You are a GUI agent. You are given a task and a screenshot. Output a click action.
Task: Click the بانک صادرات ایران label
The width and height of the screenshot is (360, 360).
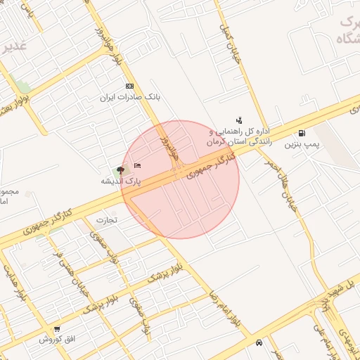(131, 96)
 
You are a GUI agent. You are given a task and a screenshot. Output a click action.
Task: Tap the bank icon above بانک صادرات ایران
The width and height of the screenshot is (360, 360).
(129, 86)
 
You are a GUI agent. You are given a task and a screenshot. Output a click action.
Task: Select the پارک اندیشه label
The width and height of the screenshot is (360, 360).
(120, 181)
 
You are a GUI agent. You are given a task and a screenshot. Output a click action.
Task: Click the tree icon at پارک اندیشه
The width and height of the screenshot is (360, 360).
(120, 169)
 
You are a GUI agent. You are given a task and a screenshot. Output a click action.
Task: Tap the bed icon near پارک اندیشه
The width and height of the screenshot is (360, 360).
(137, 165)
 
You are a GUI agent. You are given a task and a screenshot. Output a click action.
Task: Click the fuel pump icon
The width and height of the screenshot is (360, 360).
(302, 134)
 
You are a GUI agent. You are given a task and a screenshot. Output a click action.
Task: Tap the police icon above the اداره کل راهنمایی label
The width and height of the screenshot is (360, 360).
(239, 120)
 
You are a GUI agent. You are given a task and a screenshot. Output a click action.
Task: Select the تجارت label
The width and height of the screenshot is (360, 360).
(106, 219)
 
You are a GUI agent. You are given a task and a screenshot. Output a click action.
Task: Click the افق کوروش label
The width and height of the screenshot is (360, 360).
(52, 339)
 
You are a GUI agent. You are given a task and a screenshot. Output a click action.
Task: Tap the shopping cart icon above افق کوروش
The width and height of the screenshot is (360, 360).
(56, 328)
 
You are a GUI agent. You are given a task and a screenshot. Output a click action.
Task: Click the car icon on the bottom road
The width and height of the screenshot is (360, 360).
(260, 342)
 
